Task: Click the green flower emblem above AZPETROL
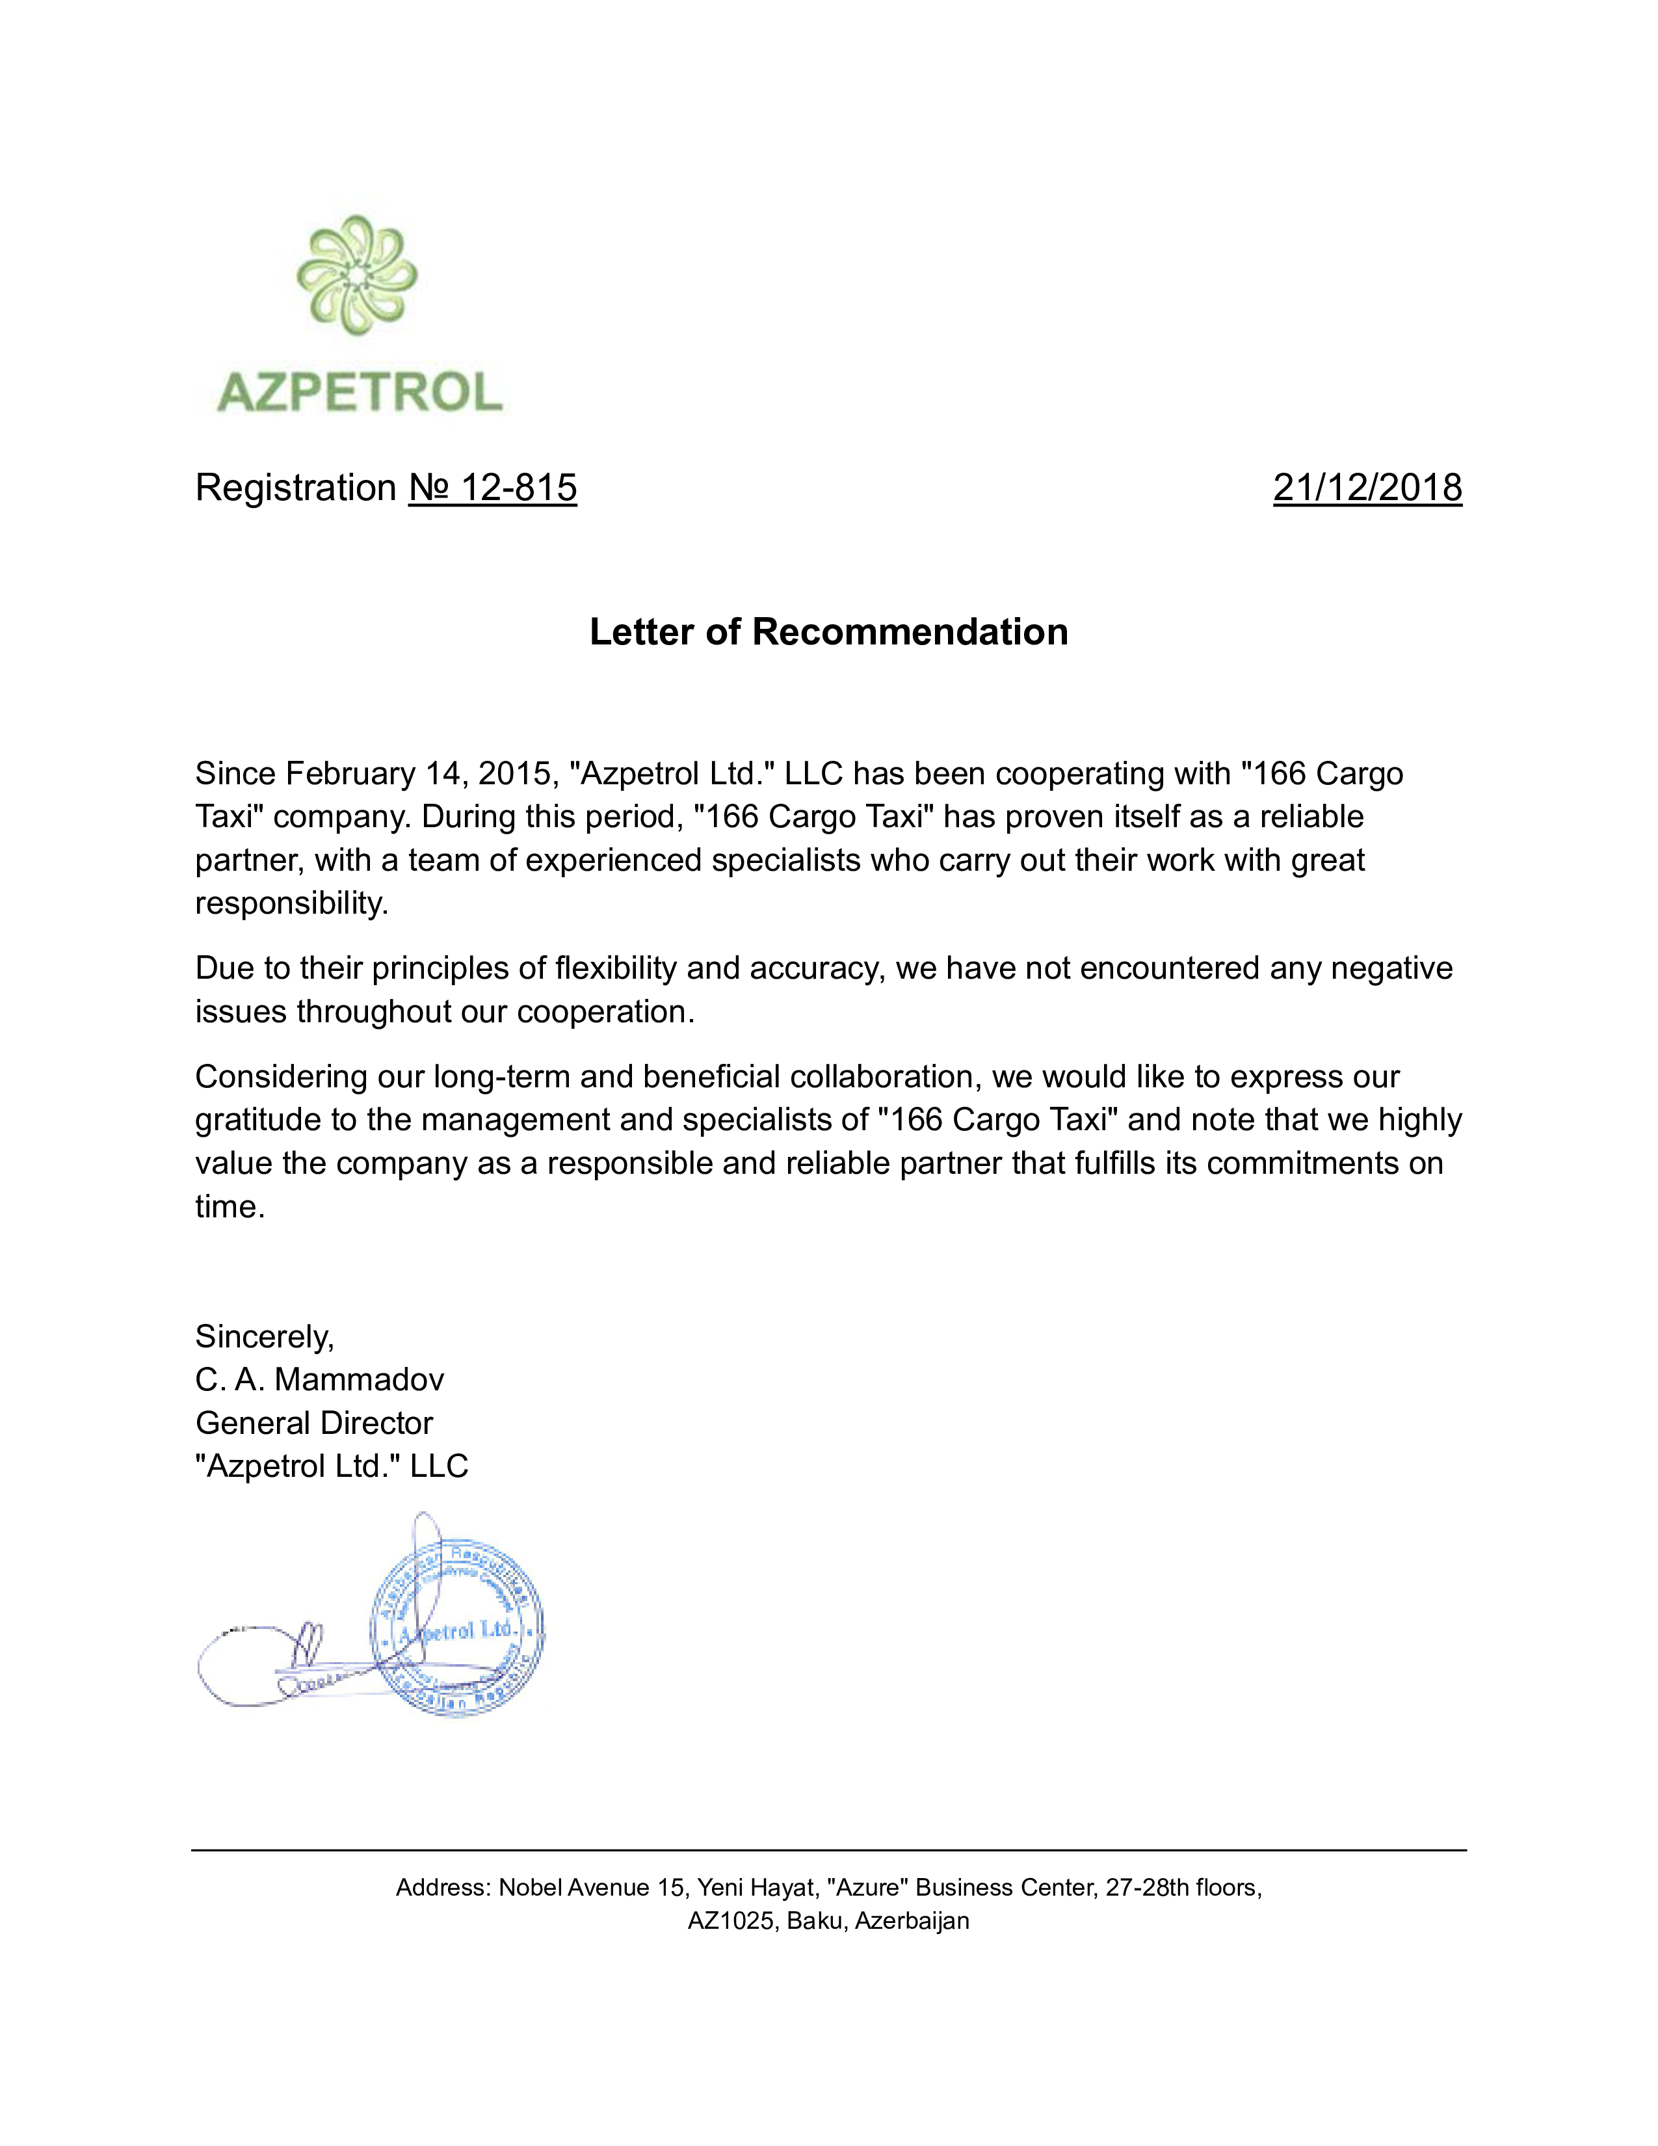[356, 275]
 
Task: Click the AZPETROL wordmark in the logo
[360, 392]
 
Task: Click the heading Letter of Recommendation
[828, 632]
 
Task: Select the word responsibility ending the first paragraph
[291, 904]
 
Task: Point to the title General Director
[314, 1424]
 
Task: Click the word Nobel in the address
[531, 1888]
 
